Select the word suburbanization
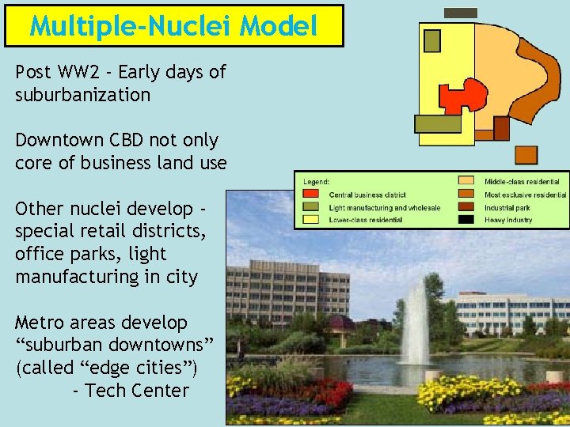pyautogui.click(x=82, y=95)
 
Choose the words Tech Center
pyautogui.click(x=137, y=390)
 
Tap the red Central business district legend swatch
pyautogui.click(x=312, y=195)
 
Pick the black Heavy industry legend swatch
pyautogui.click(x=467, y=219)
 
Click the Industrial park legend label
pyautogui.click(x=509, y=207)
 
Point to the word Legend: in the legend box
pyautogui.click(x=317, y=181)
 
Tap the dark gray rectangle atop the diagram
pyautogui.click(x=461, y=13)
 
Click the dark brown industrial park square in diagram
pyautogui.click(x=501, y=128)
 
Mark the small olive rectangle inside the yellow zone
pyautogui.click(x=432, y=40)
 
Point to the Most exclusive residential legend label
pyautogui.click(x=526, y=195)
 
